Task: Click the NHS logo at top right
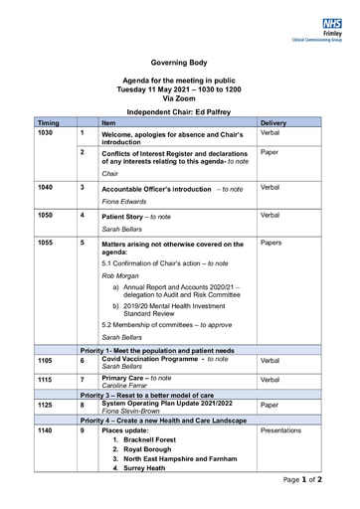point(331,22)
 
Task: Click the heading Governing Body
point(179,62)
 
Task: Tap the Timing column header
point(50,122)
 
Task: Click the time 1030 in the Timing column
point(46,132)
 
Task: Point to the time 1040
point(46,187)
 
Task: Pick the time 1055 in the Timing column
point(46,242)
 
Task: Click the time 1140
point(46,430)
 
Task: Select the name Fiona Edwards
point(125,202)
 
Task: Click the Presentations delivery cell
point(286,430)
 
